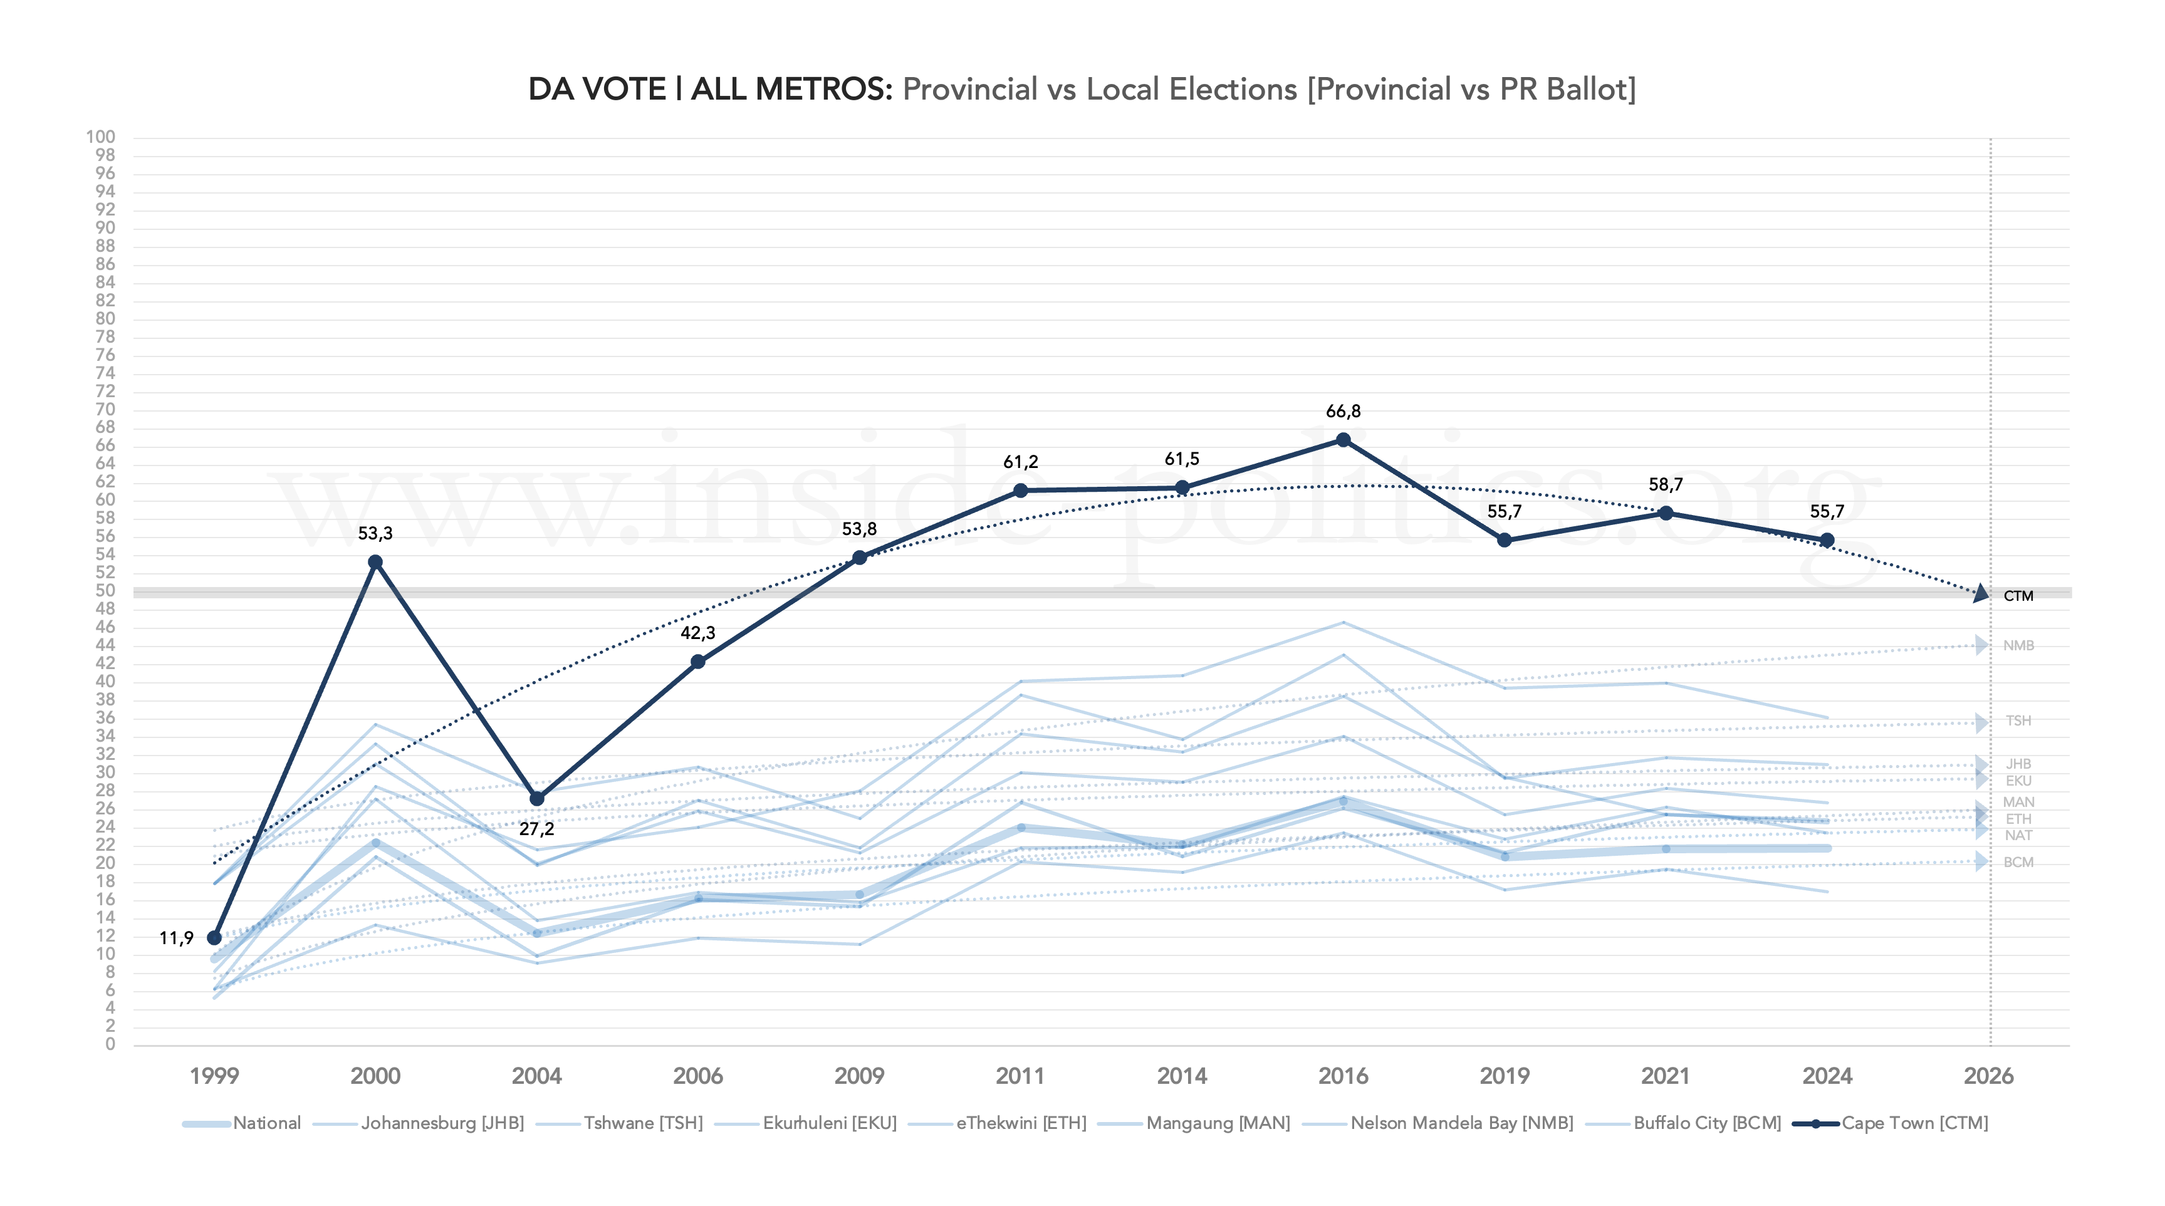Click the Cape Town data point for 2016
coord(1343,440)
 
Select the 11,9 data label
coord(177,938)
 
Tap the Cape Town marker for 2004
coord(537,798)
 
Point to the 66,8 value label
coord(1343,411)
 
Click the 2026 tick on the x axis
coord(1988,1076)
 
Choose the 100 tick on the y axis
coord(101,137)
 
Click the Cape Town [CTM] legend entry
coord(1914,1123)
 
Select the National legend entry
coord(266,1123)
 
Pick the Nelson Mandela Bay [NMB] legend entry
coord(1461,1123)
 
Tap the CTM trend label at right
coord(2018,596)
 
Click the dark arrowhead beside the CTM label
coord(1981,593)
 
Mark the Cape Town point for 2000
coord(376,562)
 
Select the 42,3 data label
coord(697,633)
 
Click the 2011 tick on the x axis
coord(1020,1076)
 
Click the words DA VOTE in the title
coord(597,89)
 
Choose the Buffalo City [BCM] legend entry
coord(1706,1123)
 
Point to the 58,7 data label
coord(1666,484)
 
